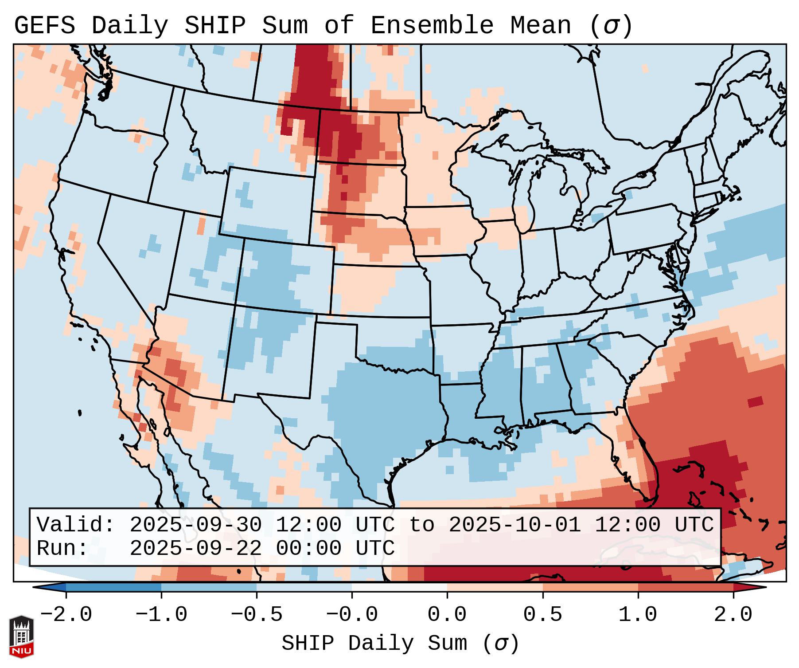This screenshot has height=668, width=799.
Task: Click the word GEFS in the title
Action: point(44,26)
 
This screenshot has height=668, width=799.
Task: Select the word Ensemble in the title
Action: point(432,26)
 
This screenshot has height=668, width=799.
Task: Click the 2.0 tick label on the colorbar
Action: point(733,615)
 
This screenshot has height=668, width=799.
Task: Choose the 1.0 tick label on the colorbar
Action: point(638,615)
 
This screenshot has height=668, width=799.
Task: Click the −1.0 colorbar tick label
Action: point(161,615)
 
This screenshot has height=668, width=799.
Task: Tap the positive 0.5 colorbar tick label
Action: point(542,615)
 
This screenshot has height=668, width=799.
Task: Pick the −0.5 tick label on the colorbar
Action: point(257,615)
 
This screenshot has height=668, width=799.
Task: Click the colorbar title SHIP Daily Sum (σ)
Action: point(400,643)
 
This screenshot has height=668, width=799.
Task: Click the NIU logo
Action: point(21,637)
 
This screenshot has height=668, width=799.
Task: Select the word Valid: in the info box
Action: point(76,525)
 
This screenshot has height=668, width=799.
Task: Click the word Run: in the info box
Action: point(62,549)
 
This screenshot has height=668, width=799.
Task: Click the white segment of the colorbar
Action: point(399,587)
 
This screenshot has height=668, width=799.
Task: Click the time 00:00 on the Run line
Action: point(308,549)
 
